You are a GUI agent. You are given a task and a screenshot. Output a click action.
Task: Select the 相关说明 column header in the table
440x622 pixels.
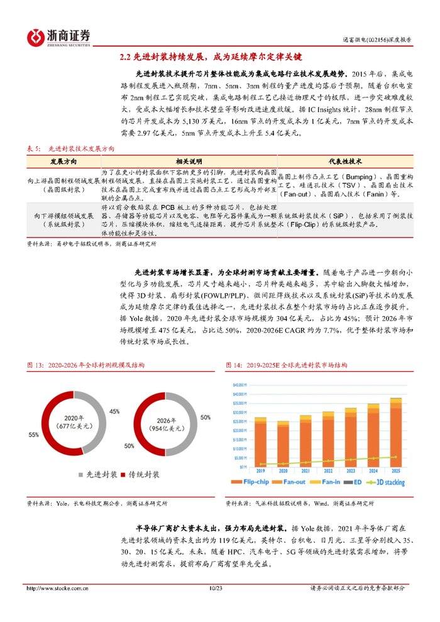tap(188, 161)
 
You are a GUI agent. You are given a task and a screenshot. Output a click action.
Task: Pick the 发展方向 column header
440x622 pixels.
tap(62, 161)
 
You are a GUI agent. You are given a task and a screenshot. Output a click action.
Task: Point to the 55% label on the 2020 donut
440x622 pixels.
tap(33, 434)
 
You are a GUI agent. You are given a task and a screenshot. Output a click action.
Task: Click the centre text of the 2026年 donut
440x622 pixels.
tap(163, 425)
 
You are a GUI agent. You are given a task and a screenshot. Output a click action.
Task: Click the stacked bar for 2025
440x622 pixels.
tap(395, 434)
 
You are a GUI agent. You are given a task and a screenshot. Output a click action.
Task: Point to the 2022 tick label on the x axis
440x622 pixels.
tap(328, 471)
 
